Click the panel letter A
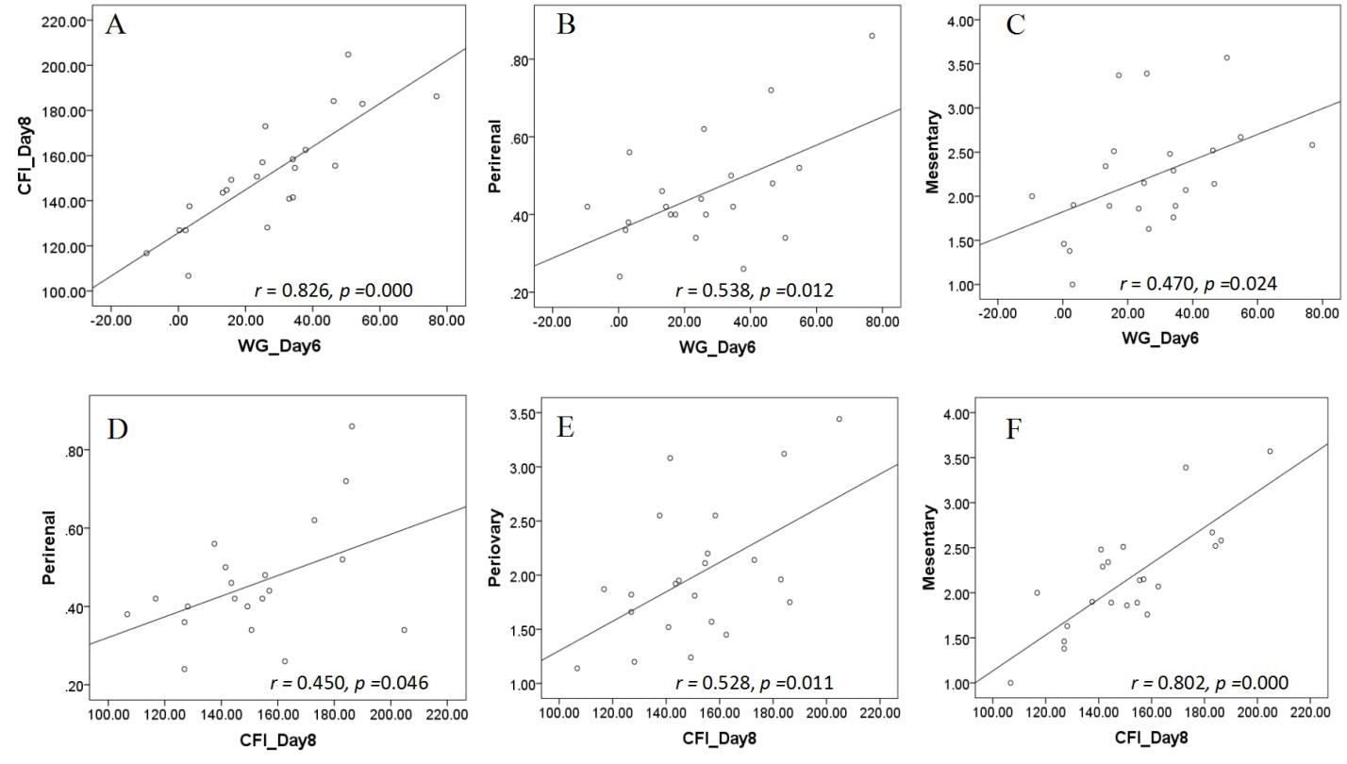click(115, 25)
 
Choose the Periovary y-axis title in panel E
click(494, 547)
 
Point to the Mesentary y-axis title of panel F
click(932, 547)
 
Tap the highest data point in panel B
click(872, 36)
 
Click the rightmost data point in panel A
click(436, 96)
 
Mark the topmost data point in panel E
click(839, 419)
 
